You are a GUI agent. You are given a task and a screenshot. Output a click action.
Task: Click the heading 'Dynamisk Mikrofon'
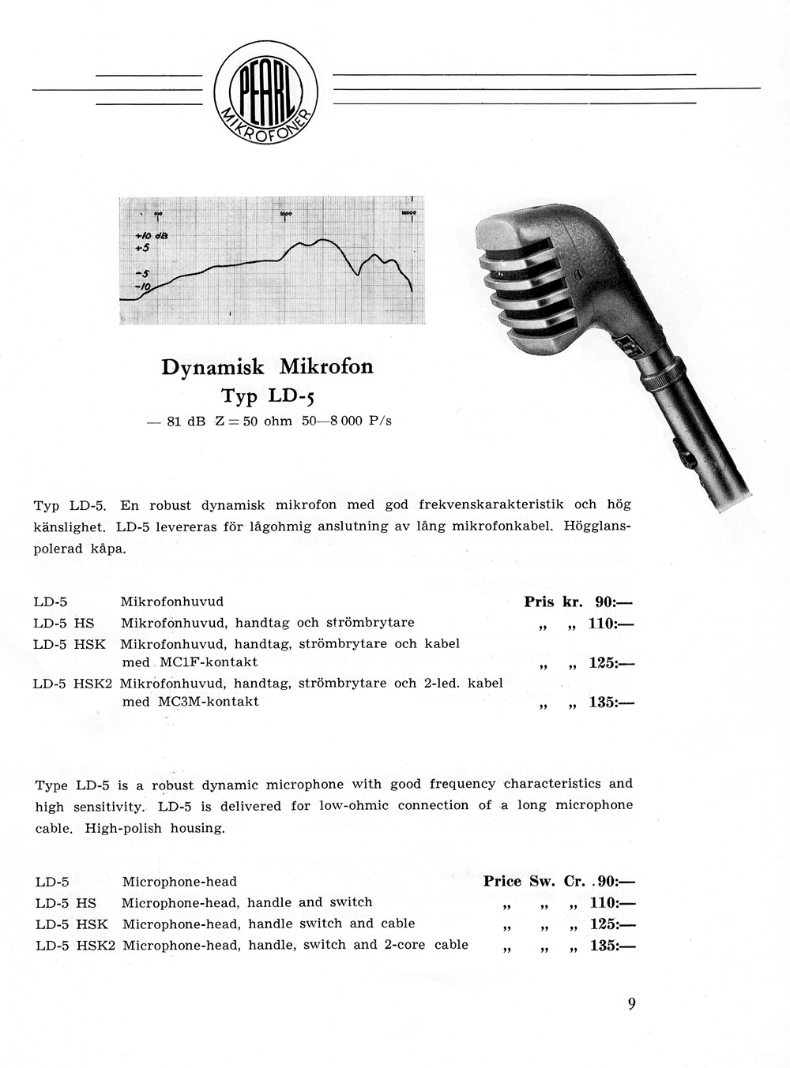click(x=267, y=367)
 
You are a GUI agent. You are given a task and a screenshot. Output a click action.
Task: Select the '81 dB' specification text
click(x=186, y=422)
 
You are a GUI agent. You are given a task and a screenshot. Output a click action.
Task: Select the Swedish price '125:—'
click(x=611, y=663)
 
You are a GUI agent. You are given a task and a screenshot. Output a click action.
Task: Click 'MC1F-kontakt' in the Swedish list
click(x=207, y=662)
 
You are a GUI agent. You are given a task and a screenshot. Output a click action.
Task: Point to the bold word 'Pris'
click(x=540, y=601)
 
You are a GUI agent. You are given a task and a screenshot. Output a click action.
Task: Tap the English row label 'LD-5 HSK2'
click(x=76, y=945)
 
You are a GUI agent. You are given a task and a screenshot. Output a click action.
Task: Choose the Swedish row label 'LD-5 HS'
click(x=65, y=623)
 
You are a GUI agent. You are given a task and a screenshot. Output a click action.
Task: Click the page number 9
click(x=631, y=1004)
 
